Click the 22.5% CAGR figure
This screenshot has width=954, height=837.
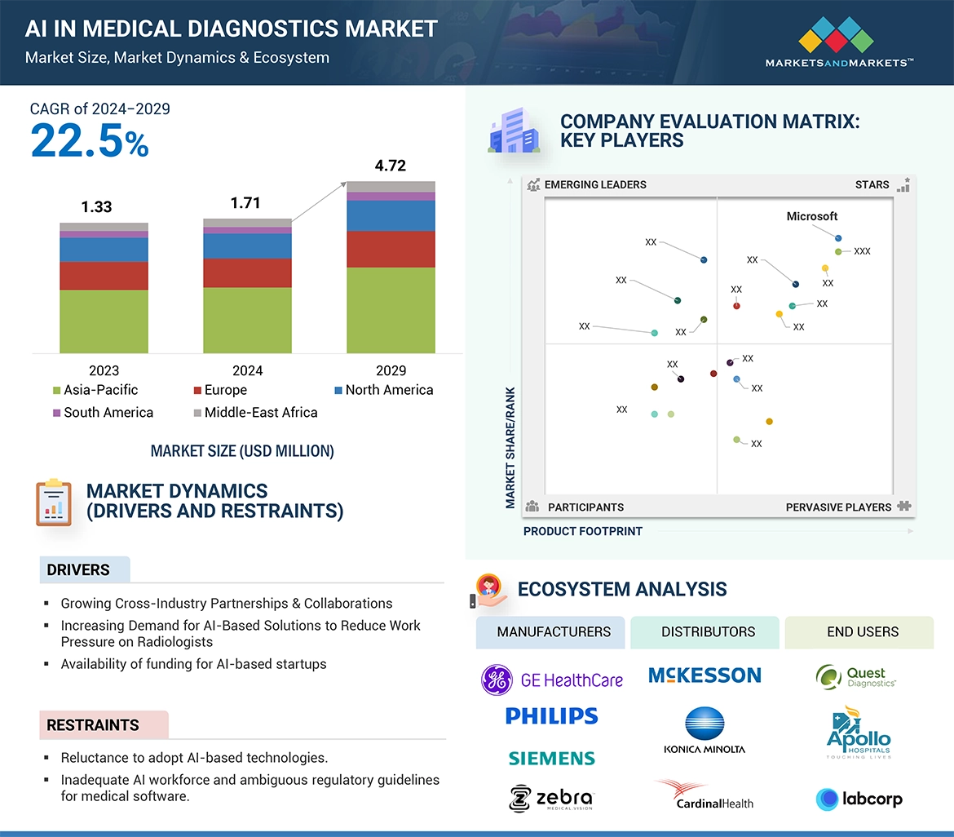point(90,141)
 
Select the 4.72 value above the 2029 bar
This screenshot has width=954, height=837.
point(390,166)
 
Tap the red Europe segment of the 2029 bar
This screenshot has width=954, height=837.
point(391,249)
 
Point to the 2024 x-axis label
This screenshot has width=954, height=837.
point(247,370)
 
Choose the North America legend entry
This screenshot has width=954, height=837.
point(383,390)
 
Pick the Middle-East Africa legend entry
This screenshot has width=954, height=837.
point(254,413)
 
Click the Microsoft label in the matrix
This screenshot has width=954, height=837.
point(811,216)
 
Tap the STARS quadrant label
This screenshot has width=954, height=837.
point(872,184)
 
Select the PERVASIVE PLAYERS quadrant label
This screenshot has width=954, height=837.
point(838,507)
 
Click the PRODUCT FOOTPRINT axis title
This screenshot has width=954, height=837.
point(582,531)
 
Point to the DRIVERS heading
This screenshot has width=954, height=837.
point(78,570)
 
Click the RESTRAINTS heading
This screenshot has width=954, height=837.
point(93,725)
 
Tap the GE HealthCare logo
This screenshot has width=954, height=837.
point(552,680)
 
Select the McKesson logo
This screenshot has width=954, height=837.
point(704,675)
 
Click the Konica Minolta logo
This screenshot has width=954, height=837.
point(704,730)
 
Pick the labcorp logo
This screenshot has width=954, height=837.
point(859,799)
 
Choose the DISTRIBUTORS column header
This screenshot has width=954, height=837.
point(708,631)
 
